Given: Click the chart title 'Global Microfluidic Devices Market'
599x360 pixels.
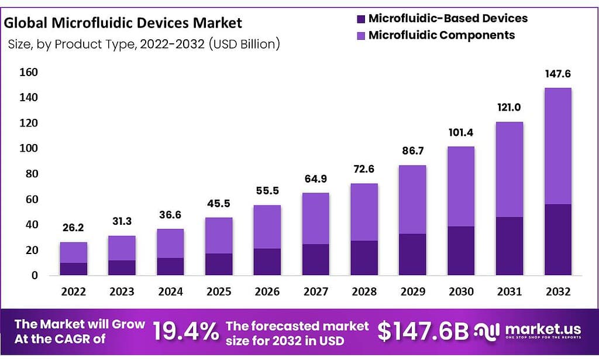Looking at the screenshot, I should point(123,23).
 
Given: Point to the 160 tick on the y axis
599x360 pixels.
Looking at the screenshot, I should point(29,72).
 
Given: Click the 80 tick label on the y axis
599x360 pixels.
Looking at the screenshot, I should point(32,174).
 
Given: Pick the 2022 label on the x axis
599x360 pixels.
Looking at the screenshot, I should point(73,292).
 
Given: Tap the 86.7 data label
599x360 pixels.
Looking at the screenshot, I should point(412,152).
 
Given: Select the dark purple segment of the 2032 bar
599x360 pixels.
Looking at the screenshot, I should point(557,239).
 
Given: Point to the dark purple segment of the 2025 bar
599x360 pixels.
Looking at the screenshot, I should point(218,264).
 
